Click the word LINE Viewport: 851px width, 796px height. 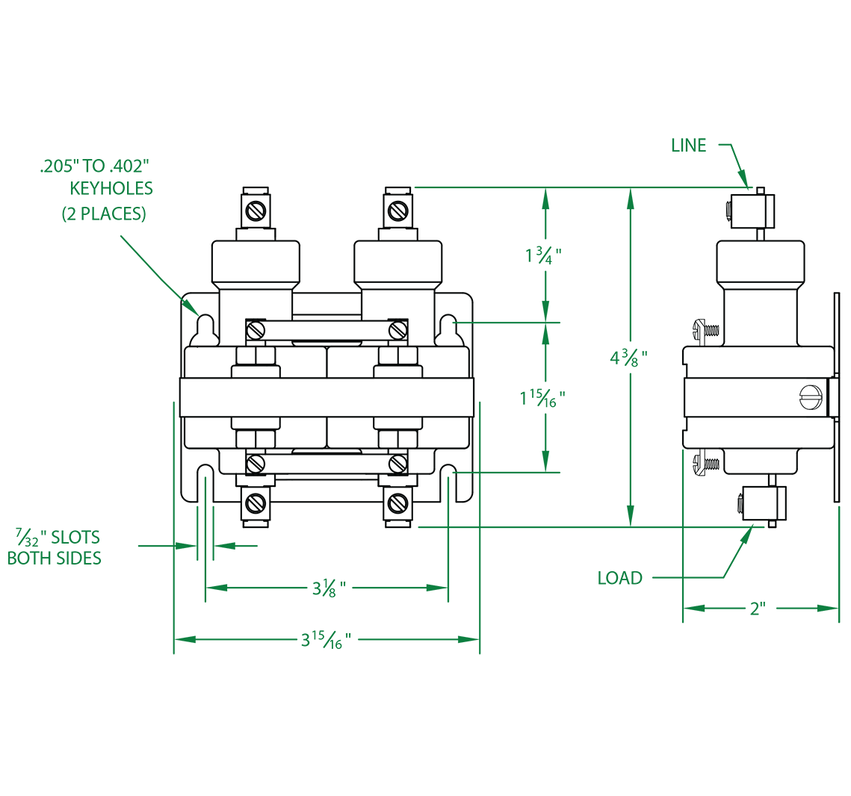(x=688, y=146)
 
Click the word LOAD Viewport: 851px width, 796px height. (x=620, y=578)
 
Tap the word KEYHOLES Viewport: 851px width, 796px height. (x=111, y=188)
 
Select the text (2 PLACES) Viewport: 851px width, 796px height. (x=104, y=214)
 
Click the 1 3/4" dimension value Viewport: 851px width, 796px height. (x=543, y=255)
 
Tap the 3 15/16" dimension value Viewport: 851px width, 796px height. (x=326, y=640)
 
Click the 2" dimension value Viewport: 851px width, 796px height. (x=757, y=609)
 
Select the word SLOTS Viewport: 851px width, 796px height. (x=75, y=537)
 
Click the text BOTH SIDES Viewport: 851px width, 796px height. (x=55, y=558)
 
